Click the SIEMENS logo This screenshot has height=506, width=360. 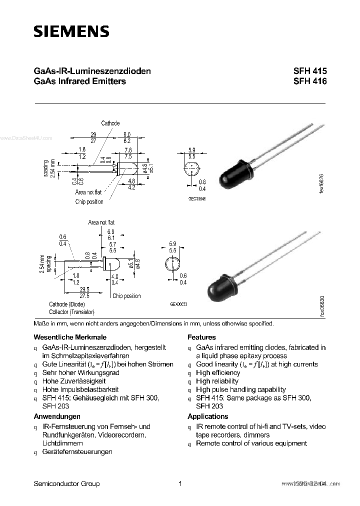point(71,31)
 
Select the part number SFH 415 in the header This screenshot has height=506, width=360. point(309,71)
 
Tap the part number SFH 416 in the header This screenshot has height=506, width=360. point(309,81)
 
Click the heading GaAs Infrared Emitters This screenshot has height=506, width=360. point(79,81)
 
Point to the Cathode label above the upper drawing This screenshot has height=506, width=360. point(110,123)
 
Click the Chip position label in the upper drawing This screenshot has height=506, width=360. point(89,202)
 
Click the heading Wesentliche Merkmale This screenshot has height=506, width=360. point(69,337)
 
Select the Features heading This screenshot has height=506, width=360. point(201,337)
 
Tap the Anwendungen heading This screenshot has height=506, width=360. point(56,416)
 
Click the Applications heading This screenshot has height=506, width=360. point(207,416)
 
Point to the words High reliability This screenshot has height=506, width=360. point(217,381)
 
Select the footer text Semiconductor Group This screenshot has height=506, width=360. point(66,483)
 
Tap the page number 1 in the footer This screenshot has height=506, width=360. point(179,483)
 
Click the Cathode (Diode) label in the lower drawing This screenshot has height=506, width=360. point(66,304)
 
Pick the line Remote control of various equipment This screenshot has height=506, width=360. point(251,443)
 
